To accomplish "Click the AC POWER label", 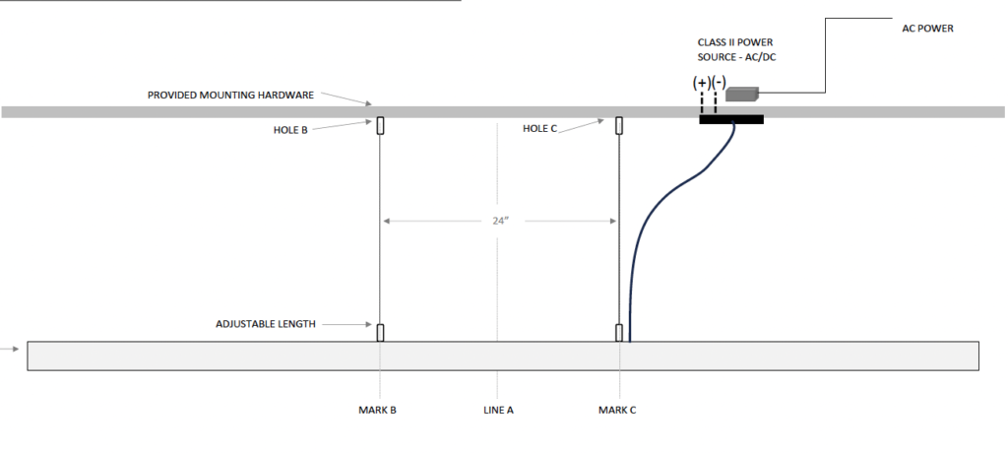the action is click(927, 29).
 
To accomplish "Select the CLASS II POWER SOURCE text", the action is click(736, 49).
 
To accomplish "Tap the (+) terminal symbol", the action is click(701, 83).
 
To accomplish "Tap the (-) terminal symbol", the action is click(719, 83).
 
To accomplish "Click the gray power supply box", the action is click(742, 94).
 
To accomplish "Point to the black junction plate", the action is click(731, 119).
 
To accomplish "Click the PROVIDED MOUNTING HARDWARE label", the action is click(230, 96).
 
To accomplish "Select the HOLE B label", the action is click(290, 130).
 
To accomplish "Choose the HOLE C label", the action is click(540, 129).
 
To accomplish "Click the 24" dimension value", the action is click(501, 221).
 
